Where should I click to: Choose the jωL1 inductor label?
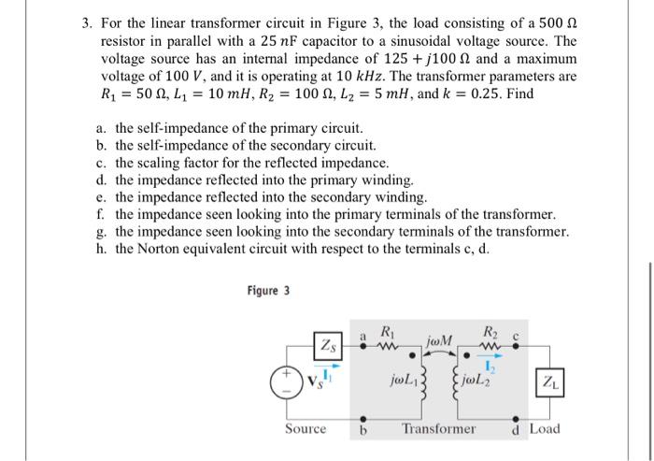(x=405, y=382)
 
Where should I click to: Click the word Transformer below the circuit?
(x=439, y=429)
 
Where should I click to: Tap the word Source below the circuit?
(x=306, y=429)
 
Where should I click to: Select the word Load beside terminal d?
(x=545, y=429)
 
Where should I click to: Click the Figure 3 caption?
(x=268, y=291)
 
